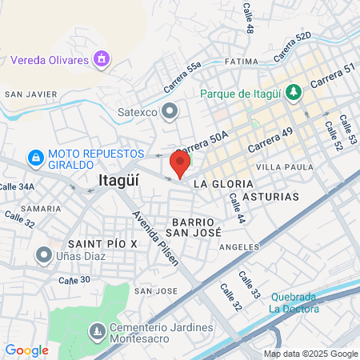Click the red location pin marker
(x=179, y=163)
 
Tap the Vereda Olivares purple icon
(x=101, y=58)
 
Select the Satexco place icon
(x=170, y=111)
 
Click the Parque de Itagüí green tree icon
(x=294, y=93)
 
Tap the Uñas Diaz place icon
(x=43, y=254)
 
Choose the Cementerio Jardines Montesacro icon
(x=97, y=330)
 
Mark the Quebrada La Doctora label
(x=292, y=302)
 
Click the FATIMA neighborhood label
(x=242, y=61)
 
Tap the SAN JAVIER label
(x=31, y=94)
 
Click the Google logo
(x=26, y=350)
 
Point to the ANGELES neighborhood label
(x=239, y=247)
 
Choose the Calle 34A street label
(x=16, y=186)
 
